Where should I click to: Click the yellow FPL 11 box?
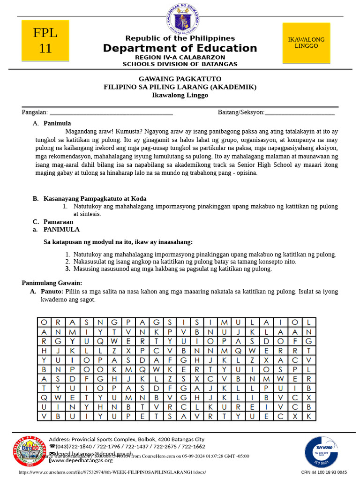click(45, 41)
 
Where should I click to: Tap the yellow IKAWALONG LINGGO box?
click(306, 43)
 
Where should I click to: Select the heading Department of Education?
click(180, 48)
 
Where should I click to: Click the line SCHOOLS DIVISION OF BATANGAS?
click(180, 64)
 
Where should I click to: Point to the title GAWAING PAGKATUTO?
click(180, 79)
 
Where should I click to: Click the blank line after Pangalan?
click(111, 112)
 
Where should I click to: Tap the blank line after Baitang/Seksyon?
click(300, 112)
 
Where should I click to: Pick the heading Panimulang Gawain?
click(52, 283)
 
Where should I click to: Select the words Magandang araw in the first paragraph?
click(88, 132)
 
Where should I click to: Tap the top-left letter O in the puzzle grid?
click(44, 322)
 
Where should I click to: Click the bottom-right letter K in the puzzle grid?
click(308, 416)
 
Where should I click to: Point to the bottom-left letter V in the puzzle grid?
click(44, 416)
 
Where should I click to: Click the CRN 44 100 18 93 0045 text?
click(324, 472)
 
